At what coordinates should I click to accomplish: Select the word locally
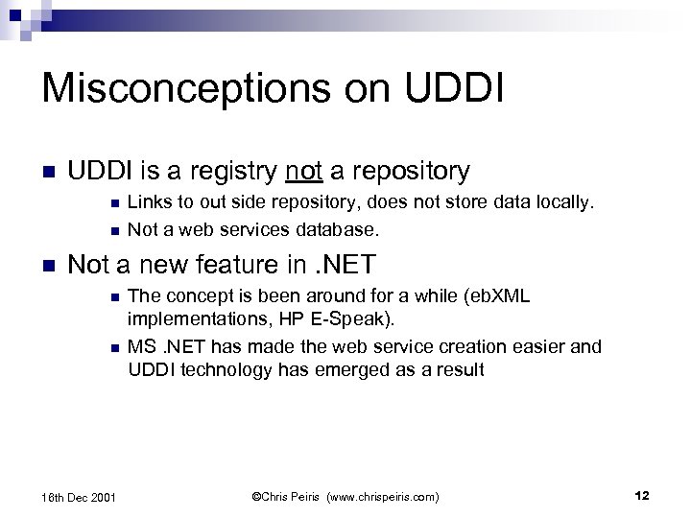(x=565, y=203)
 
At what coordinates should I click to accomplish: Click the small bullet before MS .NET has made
(x=114, y=346)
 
